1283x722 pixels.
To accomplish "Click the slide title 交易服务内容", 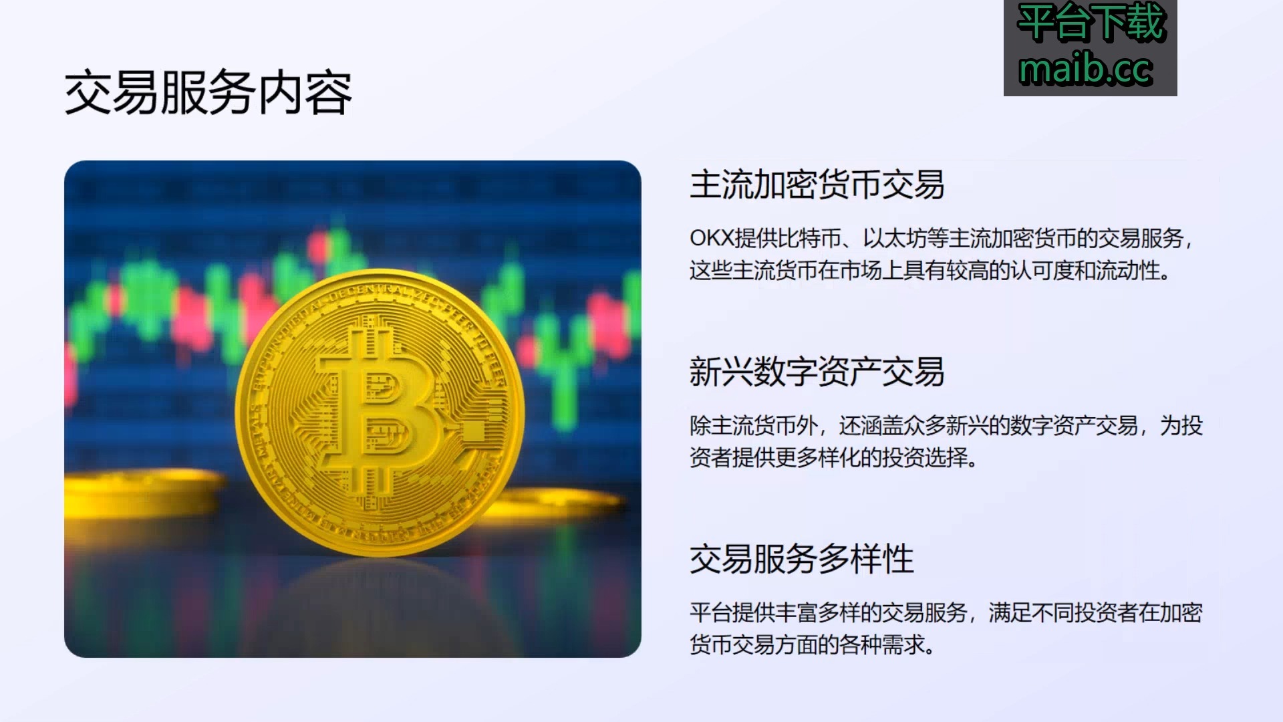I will pos(208,93).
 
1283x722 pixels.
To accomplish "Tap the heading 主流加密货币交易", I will pos(817,185).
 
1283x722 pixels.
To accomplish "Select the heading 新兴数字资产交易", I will pos(817,372).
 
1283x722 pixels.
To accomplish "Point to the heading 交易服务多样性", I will pos(801,560).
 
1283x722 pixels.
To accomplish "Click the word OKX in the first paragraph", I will pos(712,238).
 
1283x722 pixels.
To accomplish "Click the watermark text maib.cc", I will pos(1086,70).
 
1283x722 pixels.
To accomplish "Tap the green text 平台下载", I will pos(1091,23).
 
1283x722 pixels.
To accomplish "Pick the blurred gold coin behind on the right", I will pos(561,505).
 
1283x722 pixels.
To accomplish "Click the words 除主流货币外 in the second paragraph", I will pos(754,425).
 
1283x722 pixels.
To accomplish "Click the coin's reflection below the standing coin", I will pos(381,602).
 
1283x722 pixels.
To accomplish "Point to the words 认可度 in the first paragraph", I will pos(1042,271).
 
